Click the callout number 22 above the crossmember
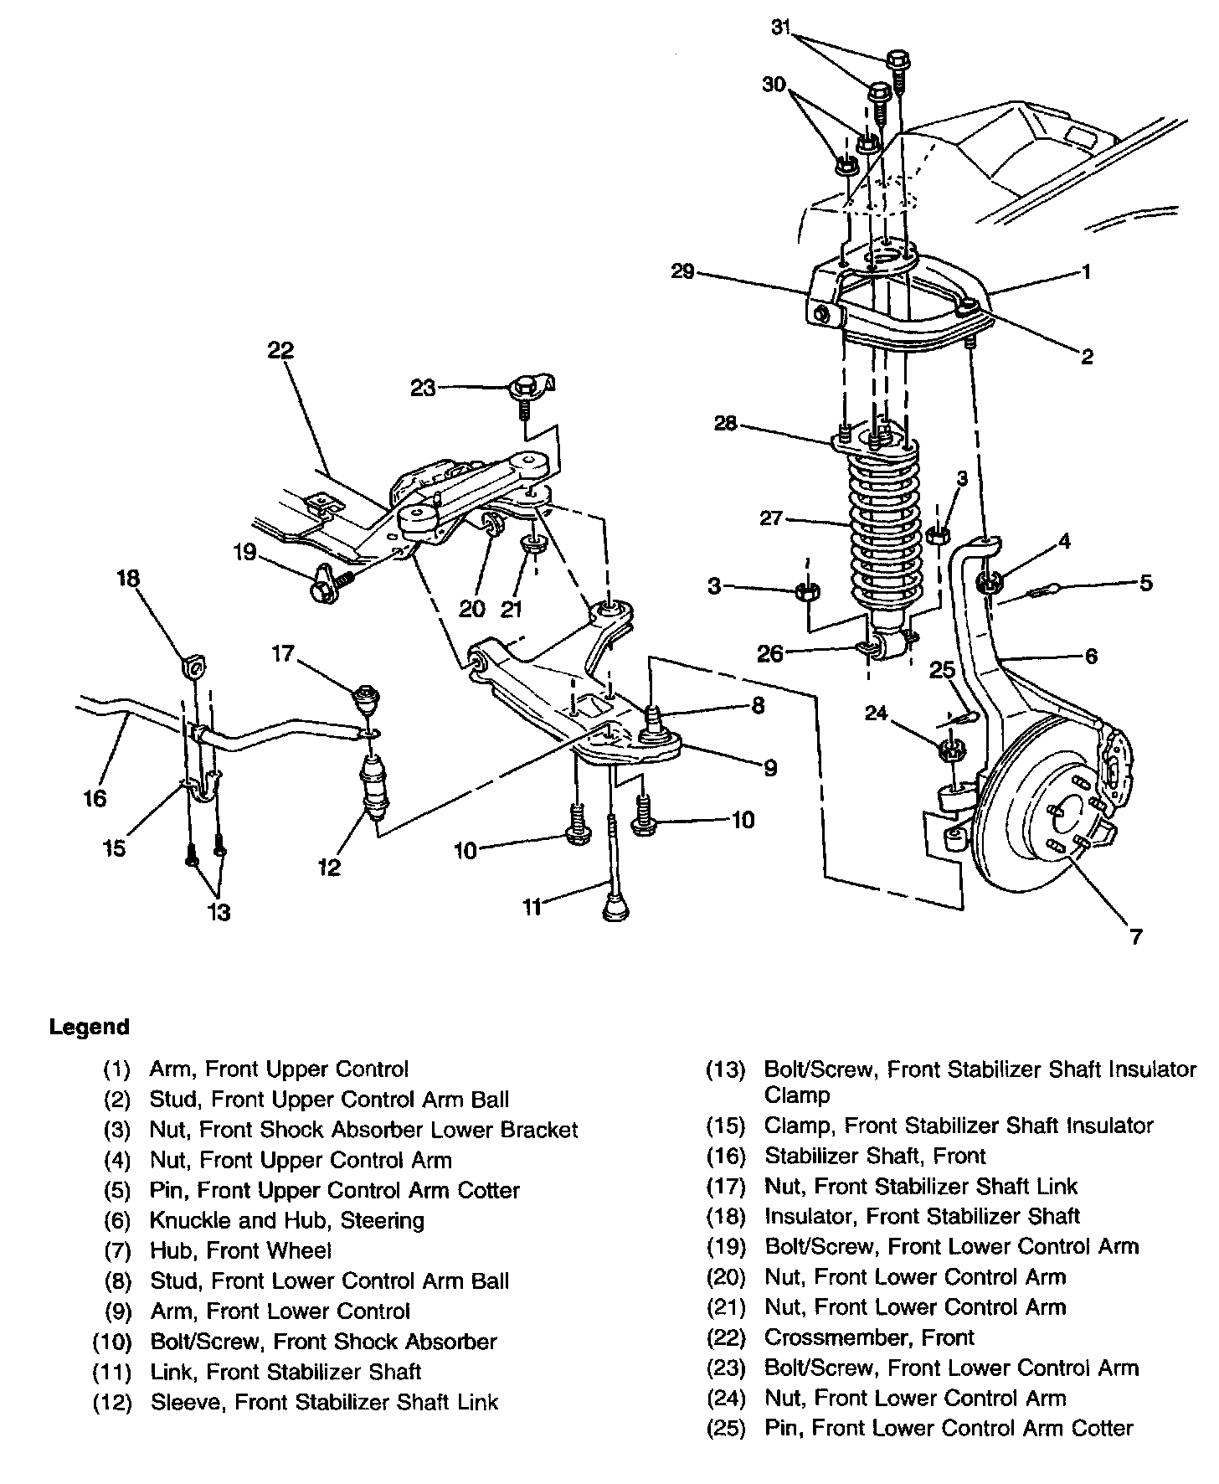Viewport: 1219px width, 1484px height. pyautogui.click(x=280, y=351)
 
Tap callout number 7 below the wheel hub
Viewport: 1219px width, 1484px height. pyautogui.click(x=1135, y=936)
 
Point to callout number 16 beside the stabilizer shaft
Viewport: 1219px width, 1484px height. pyautogui.click(x=95, y=798)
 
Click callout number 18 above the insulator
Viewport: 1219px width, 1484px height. pyautogui.click(x=128, y=579)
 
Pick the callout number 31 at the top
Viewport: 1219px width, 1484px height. pyautogui.click(x=780, y=27)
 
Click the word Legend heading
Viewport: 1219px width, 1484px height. pyautogui.click(x=90, y=1027)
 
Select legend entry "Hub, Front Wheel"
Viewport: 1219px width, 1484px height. pyautogui.click(x=240, y=1250)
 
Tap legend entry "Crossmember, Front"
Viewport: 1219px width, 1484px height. pyautogui.click(x=869, y=1337)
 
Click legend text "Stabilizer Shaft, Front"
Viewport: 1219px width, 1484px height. pyautogui.click(x=875, y=1156)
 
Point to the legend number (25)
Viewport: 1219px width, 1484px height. pyautogui.click(x=726, y=1428)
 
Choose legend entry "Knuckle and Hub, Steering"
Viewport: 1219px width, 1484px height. pyautogui.click(x=286, y=1220)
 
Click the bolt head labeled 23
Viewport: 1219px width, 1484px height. pyautogui.click(x=524, y=387)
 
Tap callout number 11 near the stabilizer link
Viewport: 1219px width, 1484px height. pyautogui.click(x=532, y=906)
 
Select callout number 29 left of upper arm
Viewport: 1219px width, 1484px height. pyautogui.click(x=683, y=272)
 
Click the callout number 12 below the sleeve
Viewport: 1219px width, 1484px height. pyautogui.click(x=330, y=868)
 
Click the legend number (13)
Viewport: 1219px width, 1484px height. pyautogui.click(x=726, y=1069)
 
